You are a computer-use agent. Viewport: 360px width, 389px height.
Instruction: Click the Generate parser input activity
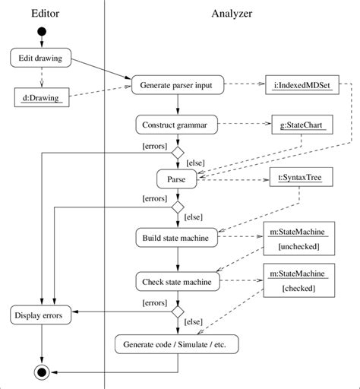tap(177, 84)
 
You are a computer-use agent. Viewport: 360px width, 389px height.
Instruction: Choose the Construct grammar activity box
tap(177, 124)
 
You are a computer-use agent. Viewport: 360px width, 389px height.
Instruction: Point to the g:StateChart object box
tap(300, 124)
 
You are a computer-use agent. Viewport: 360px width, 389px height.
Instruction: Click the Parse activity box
tap(177, 180)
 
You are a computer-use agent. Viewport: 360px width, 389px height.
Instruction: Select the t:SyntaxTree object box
tap(300, 180)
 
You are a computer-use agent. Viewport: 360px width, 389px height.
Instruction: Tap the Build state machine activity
tap(177, 238)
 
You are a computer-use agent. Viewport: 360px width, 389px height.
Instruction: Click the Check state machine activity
tap(177, 281)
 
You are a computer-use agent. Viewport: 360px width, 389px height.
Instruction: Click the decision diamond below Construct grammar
tap(177, 153)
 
